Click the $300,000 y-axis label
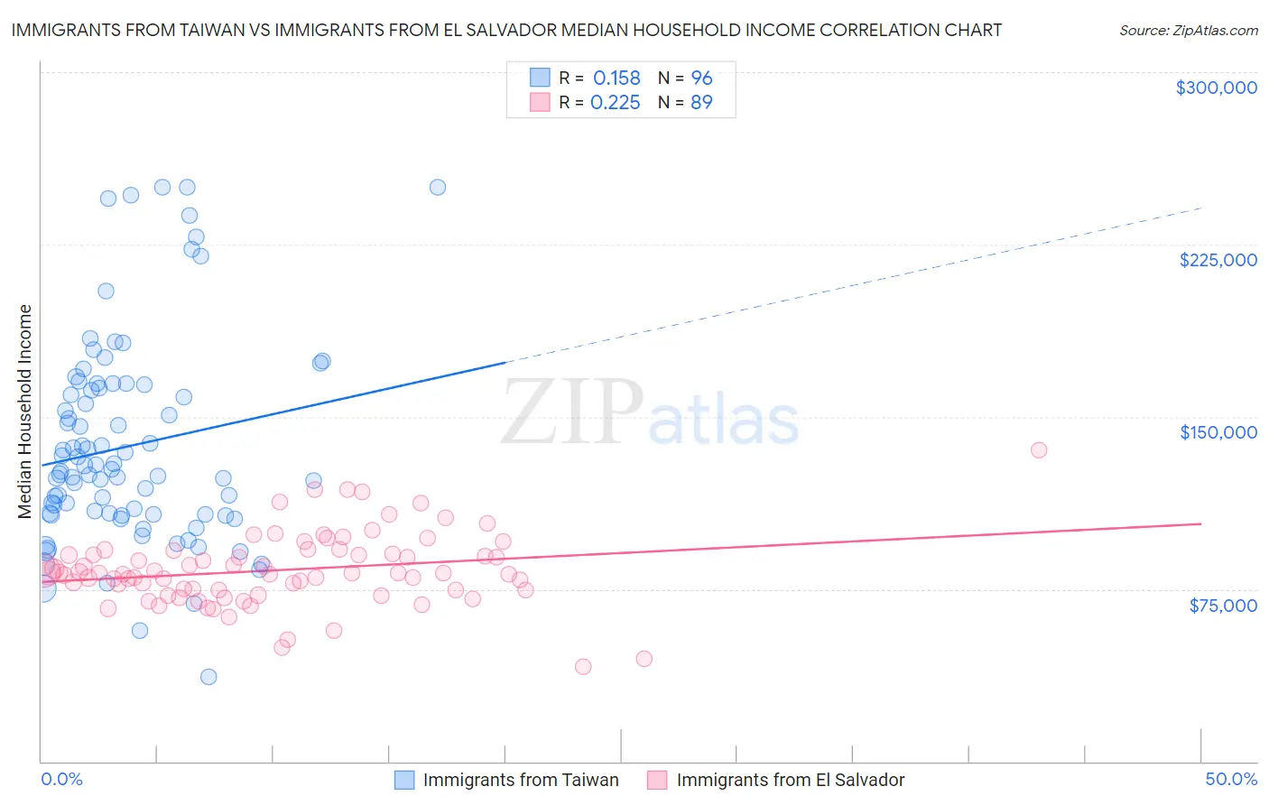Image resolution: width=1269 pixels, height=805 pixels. click(x=1216, y=88)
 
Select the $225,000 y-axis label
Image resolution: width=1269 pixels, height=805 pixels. click(x=1218, y=260)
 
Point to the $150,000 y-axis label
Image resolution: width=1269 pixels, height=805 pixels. click(x=1218, y=432)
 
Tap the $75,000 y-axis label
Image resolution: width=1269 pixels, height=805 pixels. click(x=1223, y=606)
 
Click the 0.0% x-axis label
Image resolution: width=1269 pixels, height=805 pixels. click(x=61, y=779)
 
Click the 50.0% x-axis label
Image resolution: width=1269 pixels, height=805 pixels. click(x=1231, y=779)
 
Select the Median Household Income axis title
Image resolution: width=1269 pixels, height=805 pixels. click(x=25, y=412)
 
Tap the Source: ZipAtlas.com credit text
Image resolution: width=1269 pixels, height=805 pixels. click(x=1188, y=30)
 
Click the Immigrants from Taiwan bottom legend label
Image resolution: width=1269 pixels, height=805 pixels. click(x=521, y=780)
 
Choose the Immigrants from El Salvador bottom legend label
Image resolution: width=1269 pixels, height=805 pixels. click(x=790, y=780)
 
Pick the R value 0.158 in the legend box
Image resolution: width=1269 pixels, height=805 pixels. click(x=616, y=79)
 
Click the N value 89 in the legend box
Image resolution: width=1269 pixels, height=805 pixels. click(x=701, y=103)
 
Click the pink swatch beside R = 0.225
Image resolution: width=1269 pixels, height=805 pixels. click(x=540, y=102)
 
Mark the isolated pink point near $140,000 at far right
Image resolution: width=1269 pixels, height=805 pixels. click(x=1039, y=449)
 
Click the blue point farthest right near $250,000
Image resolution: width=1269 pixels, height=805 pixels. click(x=438, y=187)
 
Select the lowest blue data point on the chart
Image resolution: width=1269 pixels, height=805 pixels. click(x=208, y=677)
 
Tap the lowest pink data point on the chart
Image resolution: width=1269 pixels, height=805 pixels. click(x=583, y=666)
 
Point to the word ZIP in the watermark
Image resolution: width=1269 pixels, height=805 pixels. click(x=572, y=412)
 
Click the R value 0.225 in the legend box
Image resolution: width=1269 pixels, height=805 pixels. click(x=615, y=103)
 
